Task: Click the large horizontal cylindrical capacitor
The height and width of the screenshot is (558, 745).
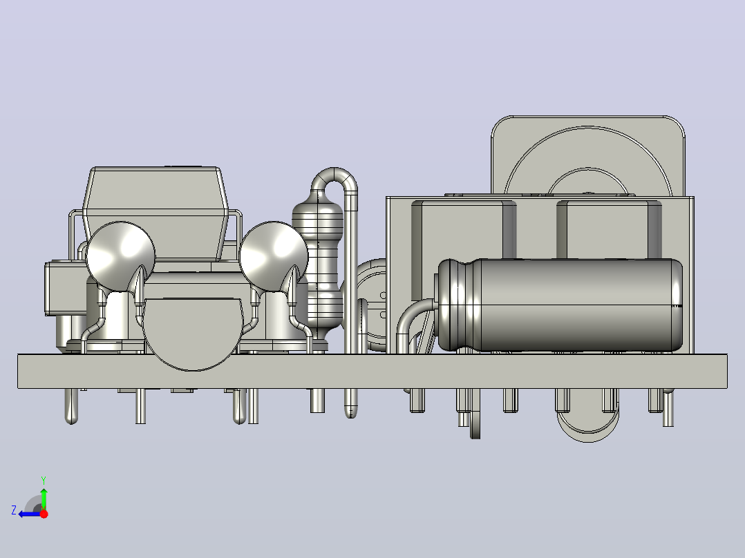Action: click(x=560, y=305)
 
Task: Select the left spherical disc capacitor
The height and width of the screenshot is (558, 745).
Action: click(x=120, y=256)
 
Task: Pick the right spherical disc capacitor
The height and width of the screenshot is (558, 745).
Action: click(x=273, y=256)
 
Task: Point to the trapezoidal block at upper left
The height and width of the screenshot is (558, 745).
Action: click(x=155, y=213)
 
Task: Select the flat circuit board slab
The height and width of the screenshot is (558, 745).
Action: click(x=372, y=372)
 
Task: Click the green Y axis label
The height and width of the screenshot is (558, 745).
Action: click(x=44, y=480)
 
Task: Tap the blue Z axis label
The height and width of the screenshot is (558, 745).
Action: click(x=14, y=510)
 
